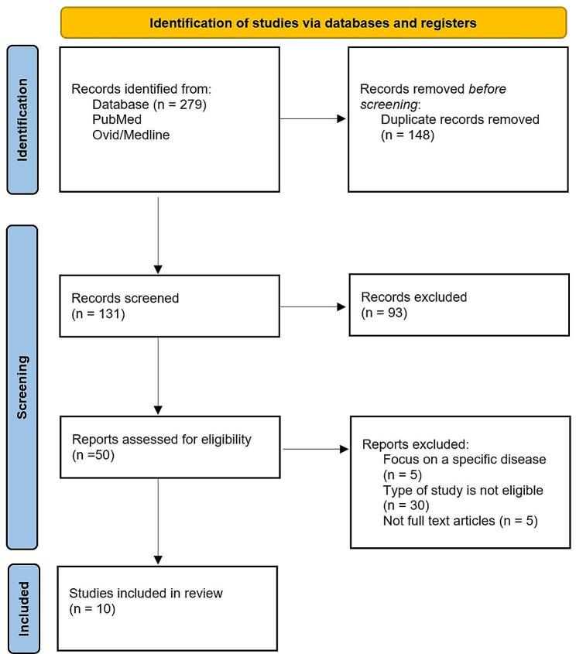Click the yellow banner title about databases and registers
(313, 23)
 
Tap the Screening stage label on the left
(22, 386)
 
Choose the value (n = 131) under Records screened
(98, 313)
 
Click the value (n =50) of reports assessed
(93, 456)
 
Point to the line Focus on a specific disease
(465, 460)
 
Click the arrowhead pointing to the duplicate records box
(342, 120)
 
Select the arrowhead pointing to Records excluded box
(342, 306)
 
